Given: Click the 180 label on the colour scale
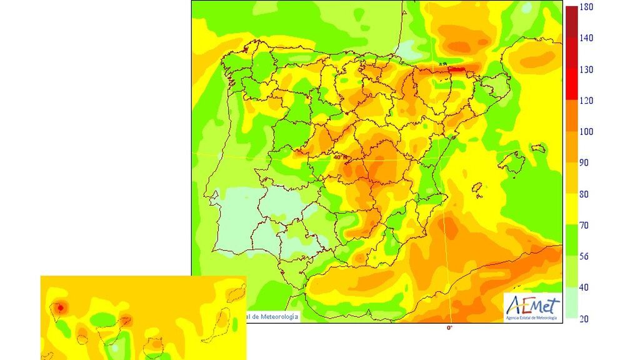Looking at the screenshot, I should pyautogui.click(x=586, y=7).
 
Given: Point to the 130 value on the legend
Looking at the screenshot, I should pyautogui.click(x=586, y=69).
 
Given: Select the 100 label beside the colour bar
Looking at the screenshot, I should pyautogui.click(x=586, y=132).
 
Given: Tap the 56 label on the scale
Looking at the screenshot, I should pyautogui.click(x=584, y=256).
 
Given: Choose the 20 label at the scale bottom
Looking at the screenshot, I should pyautogui.click(x=584, y=319).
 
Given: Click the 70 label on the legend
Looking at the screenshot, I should pyautogui.click(x=584, y=225).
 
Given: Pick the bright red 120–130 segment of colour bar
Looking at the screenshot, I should pyautogui.click(x=571, y=84).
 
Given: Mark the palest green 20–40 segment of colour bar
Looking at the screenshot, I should pyautogui.click(x=571, y=303).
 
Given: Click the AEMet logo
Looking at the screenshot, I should pyautogui.click(x=532, y=307).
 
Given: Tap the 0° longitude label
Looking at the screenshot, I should pyautogui.click(x=449, y=327).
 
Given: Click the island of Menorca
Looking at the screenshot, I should pyautogui.click(x=537, y=149).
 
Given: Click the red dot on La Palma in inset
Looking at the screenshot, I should pyautogui.click(x=59, y=307).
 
